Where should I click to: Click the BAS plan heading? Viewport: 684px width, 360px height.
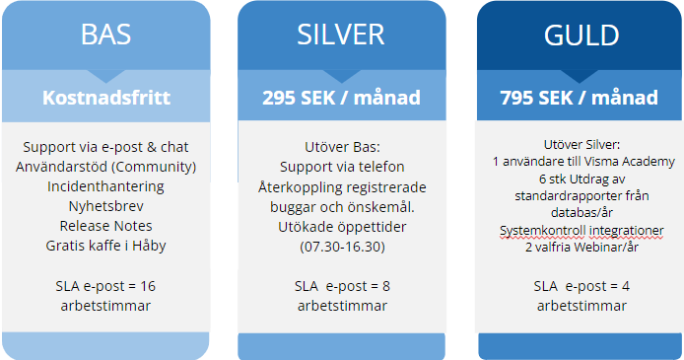pos(105,36)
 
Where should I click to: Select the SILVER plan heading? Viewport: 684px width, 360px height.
pos(341,36)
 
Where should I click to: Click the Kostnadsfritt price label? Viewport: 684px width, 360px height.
pos(105,98)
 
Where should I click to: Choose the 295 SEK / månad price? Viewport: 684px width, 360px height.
pos(341,98)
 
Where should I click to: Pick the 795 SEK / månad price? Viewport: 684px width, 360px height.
pos(579,98)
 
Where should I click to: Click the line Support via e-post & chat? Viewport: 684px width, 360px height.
pos(105,147)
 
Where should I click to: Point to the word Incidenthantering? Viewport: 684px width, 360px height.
pos(105,185)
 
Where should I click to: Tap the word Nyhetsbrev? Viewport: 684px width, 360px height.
pos(105,204)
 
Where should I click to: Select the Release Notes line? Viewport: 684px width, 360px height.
pos(105,224)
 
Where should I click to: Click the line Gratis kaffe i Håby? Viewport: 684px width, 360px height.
pos(105,244)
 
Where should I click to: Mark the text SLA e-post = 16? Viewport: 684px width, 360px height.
pos(105,286)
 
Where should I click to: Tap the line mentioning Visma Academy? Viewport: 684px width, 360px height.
pos(579,160)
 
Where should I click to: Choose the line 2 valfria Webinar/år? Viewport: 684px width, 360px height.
pos(579,247)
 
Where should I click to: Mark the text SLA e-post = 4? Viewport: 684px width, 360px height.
pos(579,286)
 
